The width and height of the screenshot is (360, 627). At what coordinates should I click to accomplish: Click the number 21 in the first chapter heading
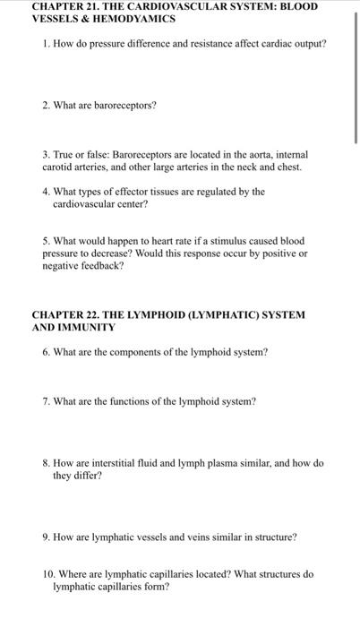(97, 6)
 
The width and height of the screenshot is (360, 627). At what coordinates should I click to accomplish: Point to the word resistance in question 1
(182, 43)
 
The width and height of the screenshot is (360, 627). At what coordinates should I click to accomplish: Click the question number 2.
(45, 105)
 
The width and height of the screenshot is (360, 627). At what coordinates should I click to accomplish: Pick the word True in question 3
(65, 154)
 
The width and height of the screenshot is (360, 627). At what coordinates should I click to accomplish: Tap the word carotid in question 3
(56, 167)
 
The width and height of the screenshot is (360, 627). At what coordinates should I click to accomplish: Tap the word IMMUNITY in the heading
(89, 328)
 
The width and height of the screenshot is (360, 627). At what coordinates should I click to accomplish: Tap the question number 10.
(47, 574)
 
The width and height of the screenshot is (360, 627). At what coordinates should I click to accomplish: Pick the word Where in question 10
(73, 574)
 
